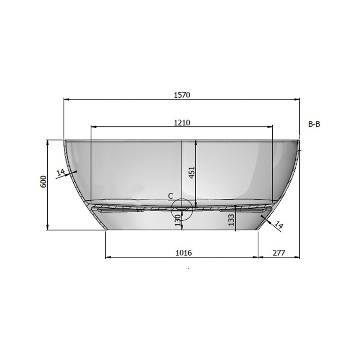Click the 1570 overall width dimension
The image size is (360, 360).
(182, 95)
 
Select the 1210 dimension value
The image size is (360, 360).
(182, 122)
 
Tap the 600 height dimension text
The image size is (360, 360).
(44, 182)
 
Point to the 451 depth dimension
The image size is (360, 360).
(192, 172)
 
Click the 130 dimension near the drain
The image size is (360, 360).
(178, 220)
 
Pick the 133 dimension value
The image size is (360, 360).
(231, 220)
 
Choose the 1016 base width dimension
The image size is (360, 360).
(184, 253)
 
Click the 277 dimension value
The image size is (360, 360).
(279, 253)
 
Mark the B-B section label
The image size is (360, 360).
(314, 124)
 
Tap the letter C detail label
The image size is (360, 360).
(171, 196)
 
